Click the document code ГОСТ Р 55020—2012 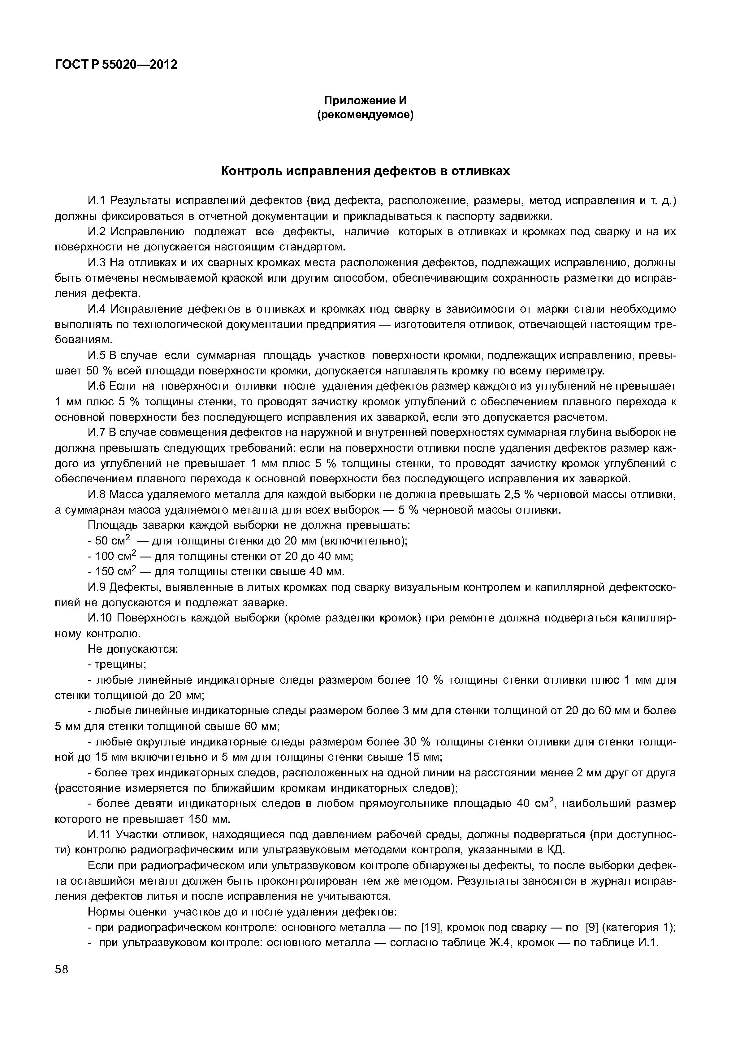click(116, 65)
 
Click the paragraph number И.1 click(96, 200)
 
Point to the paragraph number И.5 click(96, 356)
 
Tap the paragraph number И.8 click(96, 495)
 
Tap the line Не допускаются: click(132, 649)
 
